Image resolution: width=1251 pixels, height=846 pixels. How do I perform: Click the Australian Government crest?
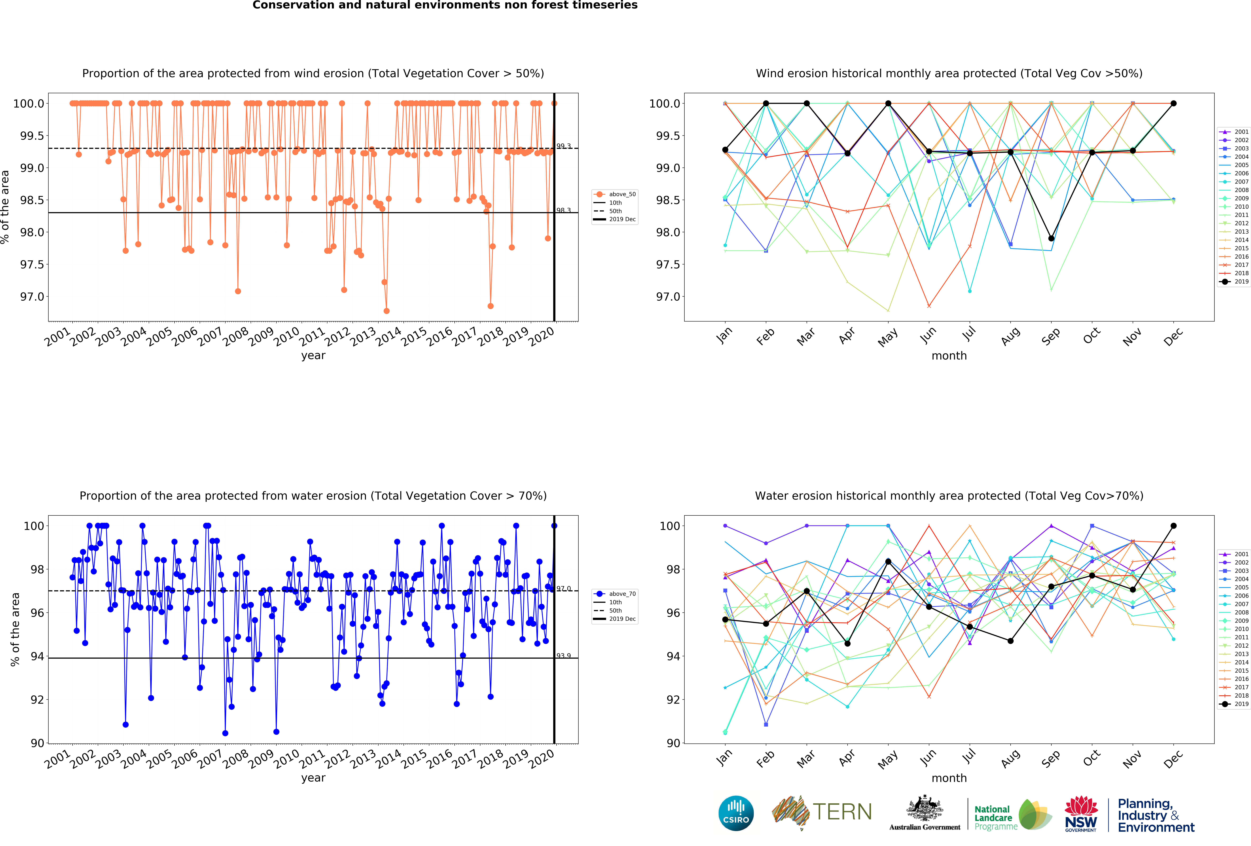(x=924, y=808)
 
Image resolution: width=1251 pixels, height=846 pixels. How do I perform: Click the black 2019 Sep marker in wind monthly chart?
(x=1051, y=239)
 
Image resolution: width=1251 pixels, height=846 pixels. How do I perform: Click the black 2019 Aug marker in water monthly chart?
(x=1010, y=641)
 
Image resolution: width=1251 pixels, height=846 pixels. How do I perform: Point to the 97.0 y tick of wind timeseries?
(x=32, y=297)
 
